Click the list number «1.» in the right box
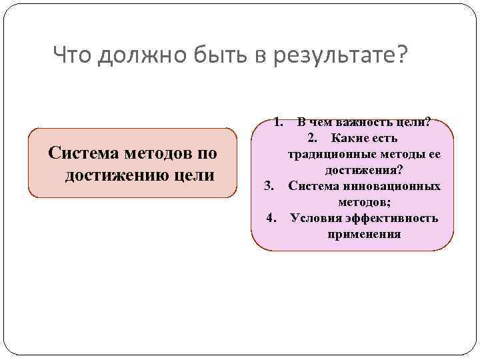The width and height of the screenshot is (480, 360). tap(279, 123)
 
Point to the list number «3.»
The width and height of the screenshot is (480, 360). tap(269, 185)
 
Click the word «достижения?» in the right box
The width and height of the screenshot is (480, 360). tap(364, 170)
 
